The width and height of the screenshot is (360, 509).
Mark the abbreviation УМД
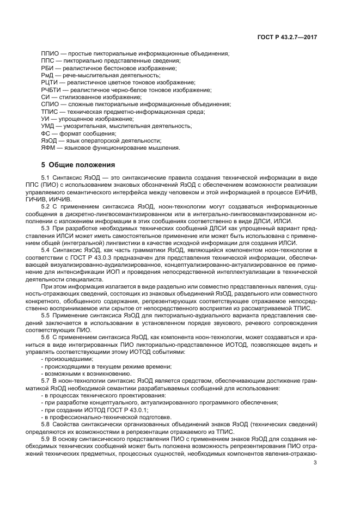48,126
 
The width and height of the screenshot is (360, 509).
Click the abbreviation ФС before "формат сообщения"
46,134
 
